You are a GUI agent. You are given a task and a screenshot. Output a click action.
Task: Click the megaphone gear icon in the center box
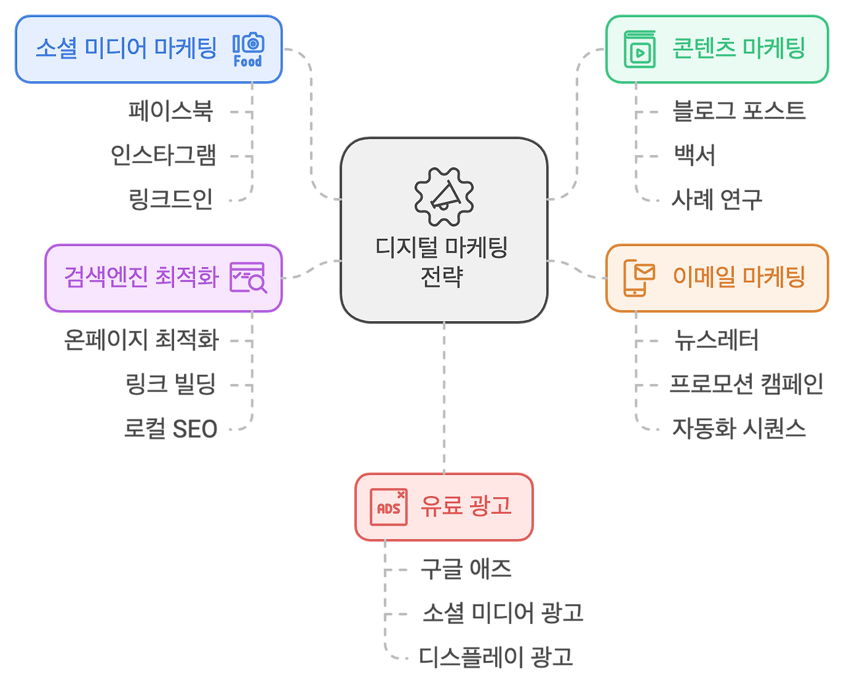pyautogui.click(x=444, y=197)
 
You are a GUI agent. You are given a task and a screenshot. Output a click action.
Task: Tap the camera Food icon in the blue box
pyautogui.click(x=248, y=50)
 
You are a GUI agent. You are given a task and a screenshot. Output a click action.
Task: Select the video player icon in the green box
pyautogui.click(x=640, y=49)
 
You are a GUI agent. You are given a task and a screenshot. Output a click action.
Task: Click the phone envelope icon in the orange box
pyautogui.click(x=638, y=278)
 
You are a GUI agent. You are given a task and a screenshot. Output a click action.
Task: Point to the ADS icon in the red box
pyautogui.click(x=388, y=507)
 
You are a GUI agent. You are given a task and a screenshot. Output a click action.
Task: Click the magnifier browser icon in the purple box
pyautogui.click(x=248, y=278)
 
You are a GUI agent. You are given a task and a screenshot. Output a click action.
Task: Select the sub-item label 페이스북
pyautogui.click(x=171, y=111)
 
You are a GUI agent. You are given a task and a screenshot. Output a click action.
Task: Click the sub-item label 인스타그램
pyautogui.click(x=163, y=155)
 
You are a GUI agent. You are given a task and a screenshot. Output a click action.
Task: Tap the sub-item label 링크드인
pyautogui.click(x=171, y=199)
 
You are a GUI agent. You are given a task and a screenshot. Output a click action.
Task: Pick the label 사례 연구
pyautogui.click(x=716, y=199)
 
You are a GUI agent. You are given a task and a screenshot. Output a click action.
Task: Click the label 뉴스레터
pyautogui.click(x=716, y=340)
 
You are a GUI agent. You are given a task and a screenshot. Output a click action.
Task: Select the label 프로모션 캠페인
pyautogui.click(x=746, y=384)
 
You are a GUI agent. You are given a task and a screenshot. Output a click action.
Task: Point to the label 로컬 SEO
pyautogui.click(x=171, y=428)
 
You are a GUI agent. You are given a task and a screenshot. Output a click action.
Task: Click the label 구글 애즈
pyautogui.click(x=466, y=569)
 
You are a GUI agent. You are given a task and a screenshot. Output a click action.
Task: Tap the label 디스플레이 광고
pyautogui.click(x=496, y=657)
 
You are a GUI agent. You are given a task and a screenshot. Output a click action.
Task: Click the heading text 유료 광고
pyautogui.click(x=466, y=507)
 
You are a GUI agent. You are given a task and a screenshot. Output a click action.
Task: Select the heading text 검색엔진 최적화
pyautogui.click(x=141, y=277)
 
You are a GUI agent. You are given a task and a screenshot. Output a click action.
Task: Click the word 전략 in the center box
pyautogui.click(x=442, y=276)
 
